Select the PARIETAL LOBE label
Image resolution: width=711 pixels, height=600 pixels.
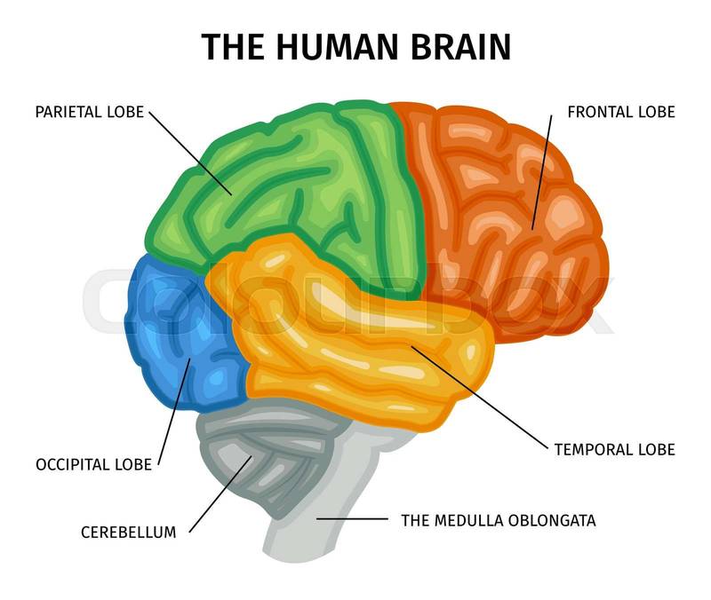coord(89,113)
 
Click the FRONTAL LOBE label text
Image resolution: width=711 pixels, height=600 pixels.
coord(620,113)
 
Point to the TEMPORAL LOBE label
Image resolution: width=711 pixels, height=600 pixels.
coord(614,449)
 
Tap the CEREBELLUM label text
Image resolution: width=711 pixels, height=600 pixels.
coord(128,533)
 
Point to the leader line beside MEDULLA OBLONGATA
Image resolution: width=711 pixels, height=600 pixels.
coord(352,518)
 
